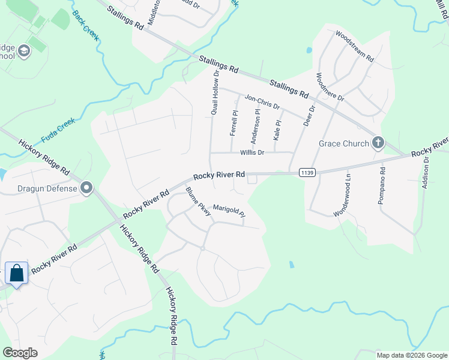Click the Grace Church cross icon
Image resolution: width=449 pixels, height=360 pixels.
coord(378,143)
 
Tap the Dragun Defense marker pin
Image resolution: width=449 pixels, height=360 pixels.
coord(87,188)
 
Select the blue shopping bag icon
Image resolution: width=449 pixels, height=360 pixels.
coord(17,273)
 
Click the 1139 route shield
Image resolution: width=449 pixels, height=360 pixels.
coord(307,172)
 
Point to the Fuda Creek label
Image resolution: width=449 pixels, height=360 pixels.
coord(58,130)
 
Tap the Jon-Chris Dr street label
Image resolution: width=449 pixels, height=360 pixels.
coord(262,101)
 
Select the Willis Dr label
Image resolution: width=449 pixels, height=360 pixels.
coord(252,152)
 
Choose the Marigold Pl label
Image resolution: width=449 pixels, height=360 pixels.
coord(230,210)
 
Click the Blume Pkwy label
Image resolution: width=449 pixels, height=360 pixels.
coord(198,203)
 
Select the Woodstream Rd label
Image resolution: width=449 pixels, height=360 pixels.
coord(355,47)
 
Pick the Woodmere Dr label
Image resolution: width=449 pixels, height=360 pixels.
coord(330,86)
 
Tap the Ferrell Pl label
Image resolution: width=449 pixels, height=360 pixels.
coord(235,121)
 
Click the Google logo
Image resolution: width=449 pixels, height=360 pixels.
coord(20,353)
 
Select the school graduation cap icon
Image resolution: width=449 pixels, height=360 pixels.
coord(25,50)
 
